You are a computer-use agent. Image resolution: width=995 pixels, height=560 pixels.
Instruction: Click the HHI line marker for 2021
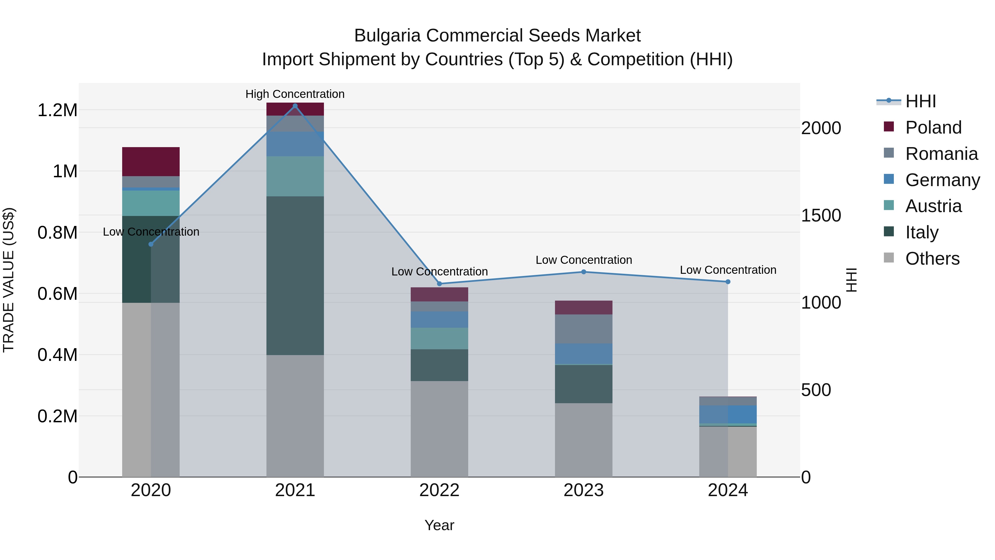pyautogui.click(x=295, y=106)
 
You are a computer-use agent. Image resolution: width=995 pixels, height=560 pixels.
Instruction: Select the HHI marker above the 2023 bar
pyautogui.click(x=584, y=272)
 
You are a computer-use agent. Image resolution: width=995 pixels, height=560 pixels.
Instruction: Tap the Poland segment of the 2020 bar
pyautogui.click(x=151, y=162)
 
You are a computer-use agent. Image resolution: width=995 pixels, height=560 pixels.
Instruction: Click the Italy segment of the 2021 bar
pyautogui.click(x=295, y=275)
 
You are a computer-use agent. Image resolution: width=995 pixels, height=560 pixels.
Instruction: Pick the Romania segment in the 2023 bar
pyautogui.click(x=584, y=329)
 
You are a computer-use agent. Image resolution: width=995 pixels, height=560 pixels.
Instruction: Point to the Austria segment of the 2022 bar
pyautogui.click(x=439, y=338)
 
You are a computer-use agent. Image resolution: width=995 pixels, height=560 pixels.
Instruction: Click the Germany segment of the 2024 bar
pyautogui.click(x=728, y=414)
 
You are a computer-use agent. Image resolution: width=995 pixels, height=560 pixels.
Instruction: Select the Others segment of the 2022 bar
pyautogui.click(x=439, y=429)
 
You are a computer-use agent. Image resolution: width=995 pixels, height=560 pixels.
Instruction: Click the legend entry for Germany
pyautogui.click(x=942, y=180)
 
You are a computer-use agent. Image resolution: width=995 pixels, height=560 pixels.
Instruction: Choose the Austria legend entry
pyautogui.click(x=933, y=206)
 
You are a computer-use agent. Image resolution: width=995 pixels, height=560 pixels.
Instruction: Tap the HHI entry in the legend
pyautogui.click(x=920, y=101)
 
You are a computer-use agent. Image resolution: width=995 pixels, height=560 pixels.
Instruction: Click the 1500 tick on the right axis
pyautogui.click(x=821, y=216)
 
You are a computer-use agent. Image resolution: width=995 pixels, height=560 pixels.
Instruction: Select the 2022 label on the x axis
pyautogui.click(x=439, y=490)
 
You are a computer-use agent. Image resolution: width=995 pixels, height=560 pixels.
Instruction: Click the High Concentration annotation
pyautogui.click(x=295, y=94)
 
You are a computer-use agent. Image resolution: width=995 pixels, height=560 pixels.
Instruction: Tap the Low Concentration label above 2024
pyautogui.click(x=728, y=270)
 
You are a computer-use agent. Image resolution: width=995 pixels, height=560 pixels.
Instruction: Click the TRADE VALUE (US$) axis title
pyautogui.click(x=9, y=280)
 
